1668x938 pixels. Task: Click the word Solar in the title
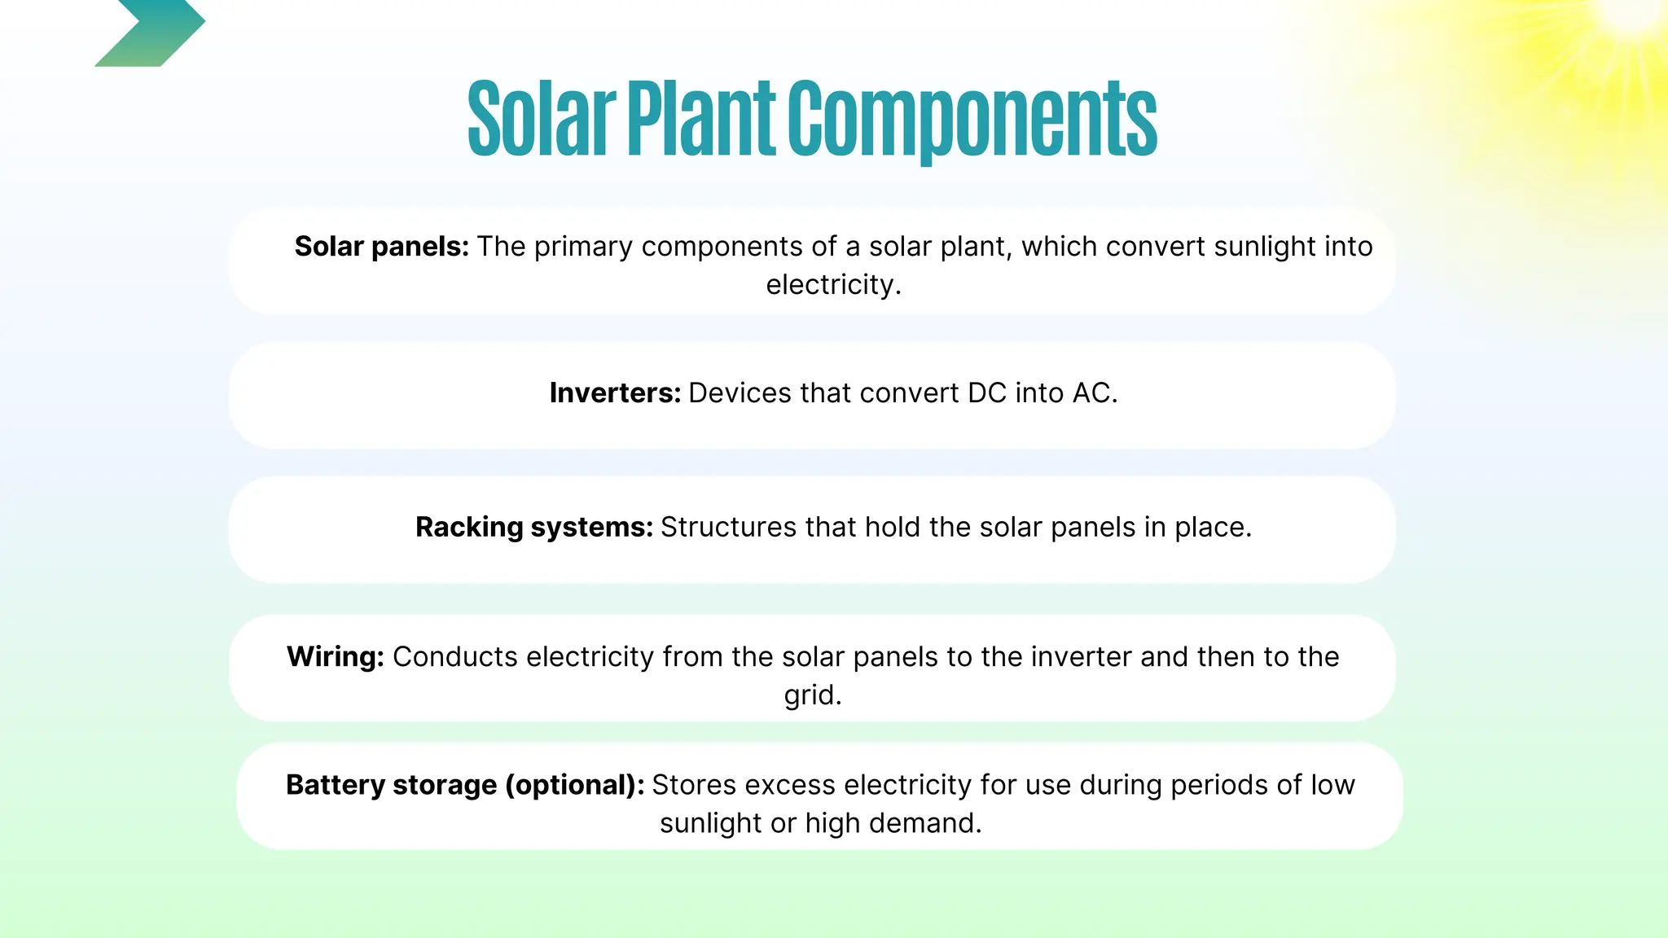(x=541, y=119)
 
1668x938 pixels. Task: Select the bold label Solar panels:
(x=381, y=247)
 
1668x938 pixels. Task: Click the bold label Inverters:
(x=615, y=393)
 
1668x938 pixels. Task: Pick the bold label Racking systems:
(x=533, y=528)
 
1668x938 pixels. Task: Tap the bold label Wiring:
(x=335, y=657)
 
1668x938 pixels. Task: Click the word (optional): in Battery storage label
(x=574, y=785)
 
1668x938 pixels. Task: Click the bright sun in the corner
(x=1629, y=16)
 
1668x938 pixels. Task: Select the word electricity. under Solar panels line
(x=833, y=285)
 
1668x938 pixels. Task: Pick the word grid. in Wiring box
(x=813, y=695)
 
